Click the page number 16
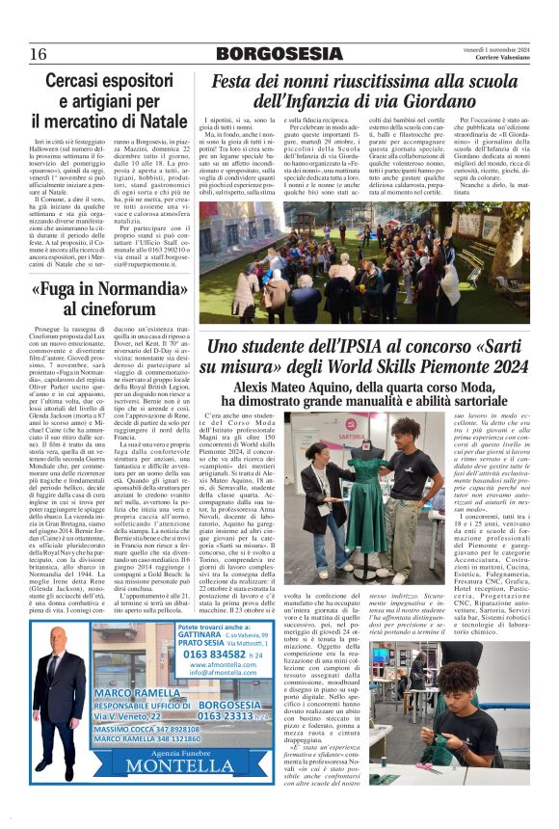tap(38, 52)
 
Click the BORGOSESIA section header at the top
tap(279, 53)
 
